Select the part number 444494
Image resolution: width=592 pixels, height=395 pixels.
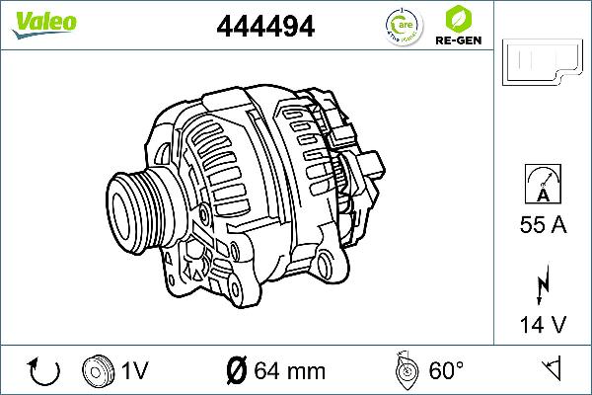coord(264,27)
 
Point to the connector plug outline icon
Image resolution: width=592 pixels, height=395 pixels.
coord(542,64)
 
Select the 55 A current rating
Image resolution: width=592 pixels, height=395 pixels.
coord(543,226)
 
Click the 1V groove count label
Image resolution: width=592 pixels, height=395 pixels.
coord(134,371)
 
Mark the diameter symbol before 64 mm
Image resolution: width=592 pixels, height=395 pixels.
coord(236,371)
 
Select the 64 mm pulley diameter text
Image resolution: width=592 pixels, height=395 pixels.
coord(289,371)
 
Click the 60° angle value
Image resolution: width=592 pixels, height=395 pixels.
coord(446,371)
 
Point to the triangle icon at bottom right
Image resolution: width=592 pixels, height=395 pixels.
coord(553,369)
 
